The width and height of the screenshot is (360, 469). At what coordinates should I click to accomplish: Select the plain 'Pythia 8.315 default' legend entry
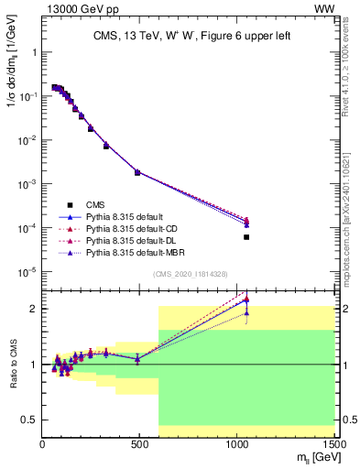124,216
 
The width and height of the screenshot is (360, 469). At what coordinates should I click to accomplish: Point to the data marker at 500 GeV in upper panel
137,172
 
